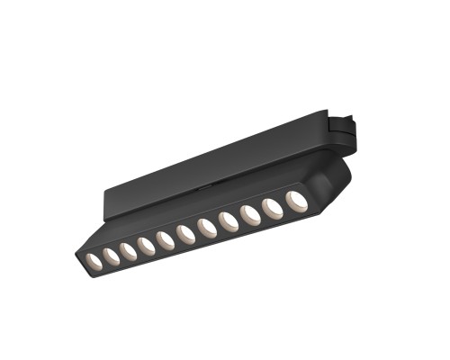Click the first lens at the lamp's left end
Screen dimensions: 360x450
(x=93, y=261)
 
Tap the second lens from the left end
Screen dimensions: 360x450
(x=112, y=256)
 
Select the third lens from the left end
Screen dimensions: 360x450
(x=129, y=250)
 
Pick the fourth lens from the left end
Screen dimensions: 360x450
(x=147, y=245)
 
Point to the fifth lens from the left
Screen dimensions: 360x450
(x=166, y=239)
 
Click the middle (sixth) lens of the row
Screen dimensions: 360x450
(x=186, y=234)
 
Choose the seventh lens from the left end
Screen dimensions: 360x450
(x=207, y=228)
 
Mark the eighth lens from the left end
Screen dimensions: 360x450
(x=229, y=221)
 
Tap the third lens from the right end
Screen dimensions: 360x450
(x=250, y=214)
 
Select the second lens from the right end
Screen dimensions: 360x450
(x=272, y=207)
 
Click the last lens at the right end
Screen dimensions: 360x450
(x=295, y=199)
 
